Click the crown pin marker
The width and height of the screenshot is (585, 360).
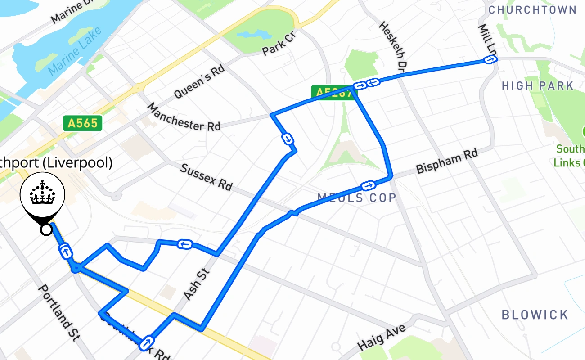(x=43, y=198)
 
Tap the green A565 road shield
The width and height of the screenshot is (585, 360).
(x=83, y=123)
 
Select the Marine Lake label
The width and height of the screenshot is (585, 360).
(x=75, y=50)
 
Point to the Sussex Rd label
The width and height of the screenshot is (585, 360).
(x=206, y=177)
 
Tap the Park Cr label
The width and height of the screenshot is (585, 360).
(x=278, y=43)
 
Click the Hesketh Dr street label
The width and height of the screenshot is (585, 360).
(x=393, y=46)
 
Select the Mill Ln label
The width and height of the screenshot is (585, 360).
(x=486, y=38)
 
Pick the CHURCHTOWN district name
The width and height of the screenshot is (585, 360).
(x=532, y=10)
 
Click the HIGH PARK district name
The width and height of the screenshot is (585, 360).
(x=538, y=85)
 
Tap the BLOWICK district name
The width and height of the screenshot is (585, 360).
(x=535, y=315)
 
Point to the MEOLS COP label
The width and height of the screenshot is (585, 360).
(x=357, y=197)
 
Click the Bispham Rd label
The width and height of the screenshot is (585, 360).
(x=447, y=162)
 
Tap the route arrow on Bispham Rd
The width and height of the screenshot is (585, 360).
(x=368, y=185)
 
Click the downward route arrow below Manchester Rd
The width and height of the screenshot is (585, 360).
(x=287, y=139)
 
